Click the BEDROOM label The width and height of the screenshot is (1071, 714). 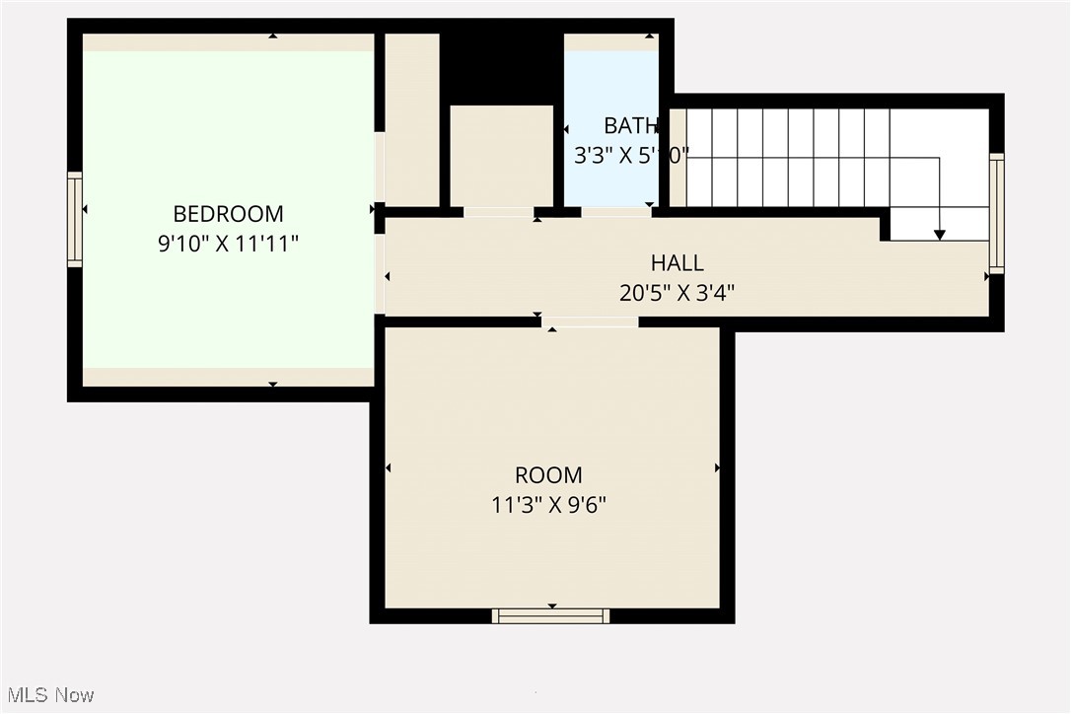coord(228,214)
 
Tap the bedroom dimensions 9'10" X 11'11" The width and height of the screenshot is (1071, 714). coord(228,245)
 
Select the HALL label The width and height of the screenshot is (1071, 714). coord(678,263)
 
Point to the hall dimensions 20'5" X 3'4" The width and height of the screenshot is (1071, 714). coord(678,293)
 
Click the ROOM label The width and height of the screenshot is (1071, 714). coord(548,475)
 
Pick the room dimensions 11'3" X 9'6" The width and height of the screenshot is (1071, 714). coord(548,506)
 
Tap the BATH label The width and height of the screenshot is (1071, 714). coord(630,126)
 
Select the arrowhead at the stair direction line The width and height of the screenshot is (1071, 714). coord(940,235)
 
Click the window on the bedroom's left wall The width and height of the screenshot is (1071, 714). coord(75,219)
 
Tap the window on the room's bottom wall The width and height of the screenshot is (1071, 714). coord(551,616)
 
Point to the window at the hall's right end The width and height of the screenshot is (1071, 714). coord(996,213)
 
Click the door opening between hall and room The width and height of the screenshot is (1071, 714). coord(590,321)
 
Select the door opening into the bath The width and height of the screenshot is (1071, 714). coord(615,212)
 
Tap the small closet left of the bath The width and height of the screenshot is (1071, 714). coord(501,155)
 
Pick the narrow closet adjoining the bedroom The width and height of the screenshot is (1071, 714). coord(411,119)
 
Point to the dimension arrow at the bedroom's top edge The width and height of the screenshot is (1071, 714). coord(273,36)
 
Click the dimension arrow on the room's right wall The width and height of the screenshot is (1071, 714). coord(717,467)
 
